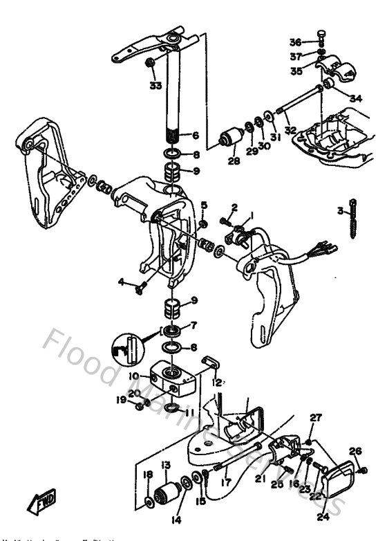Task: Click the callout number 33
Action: coord(154,86)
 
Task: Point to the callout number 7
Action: coord(195,324)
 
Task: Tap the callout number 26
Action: coord(355,451)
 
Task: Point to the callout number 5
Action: coord(204,205)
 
